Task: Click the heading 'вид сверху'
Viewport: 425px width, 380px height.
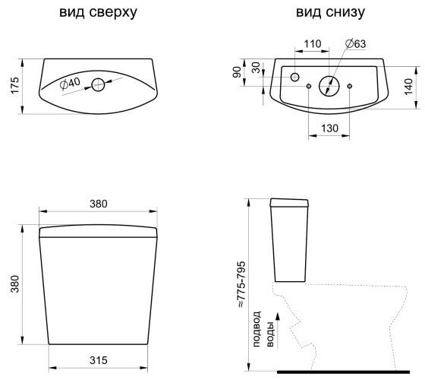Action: [x=98, y=13]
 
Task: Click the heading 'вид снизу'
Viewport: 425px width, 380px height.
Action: [x=330, y=13]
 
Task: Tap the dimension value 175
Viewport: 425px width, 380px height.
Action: [x=15, y=85]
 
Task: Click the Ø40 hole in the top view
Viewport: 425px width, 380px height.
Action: [x=98, y=85]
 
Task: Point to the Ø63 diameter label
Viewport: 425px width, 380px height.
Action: [x=356, y=44]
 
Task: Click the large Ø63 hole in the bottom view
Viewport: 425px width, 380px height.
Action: [x=329, y=86]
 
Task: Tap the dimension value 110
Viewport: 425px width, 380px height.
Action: [x=313, y=44]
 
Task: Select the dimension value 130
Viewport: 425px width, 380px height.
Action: [x=329, y=128]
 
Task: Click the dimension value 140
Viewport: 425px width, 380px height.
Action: [x=408, y=87]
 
